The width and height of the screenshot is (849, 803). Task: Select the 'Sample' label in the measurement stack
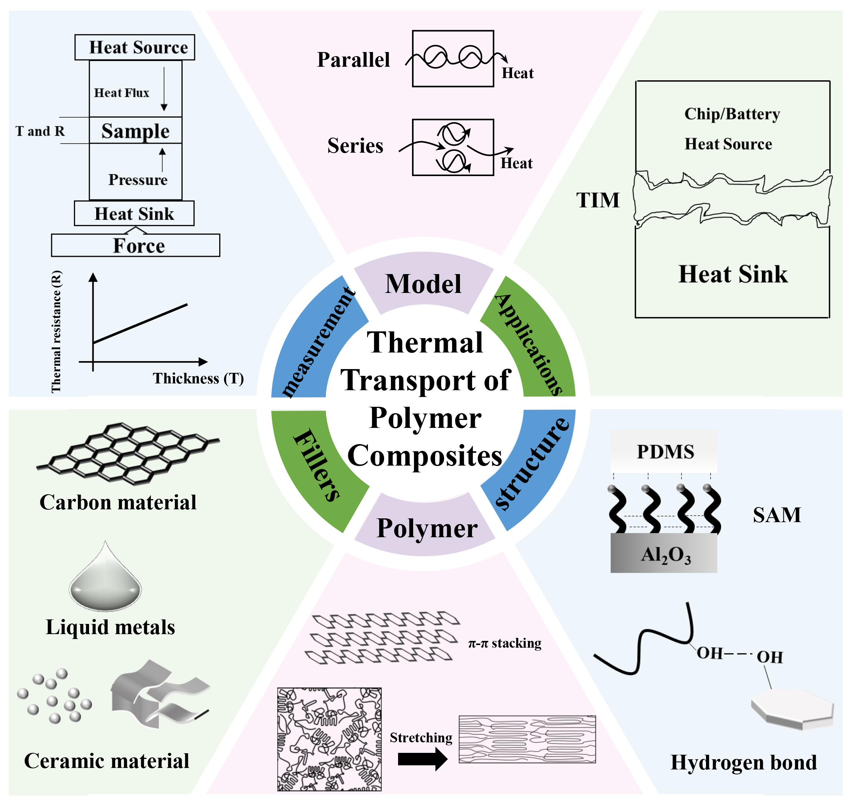coord(135,130)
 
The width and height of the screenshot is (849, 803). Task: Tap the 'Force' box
coord(135,245)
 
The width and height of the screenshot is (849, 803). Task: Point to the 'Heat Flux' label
coord(122,93)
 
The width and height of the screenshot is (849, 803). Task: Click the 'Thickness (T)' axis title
coord(198,379)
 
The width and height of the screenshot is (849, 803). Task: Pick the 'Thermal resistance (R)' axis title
coord(56,332)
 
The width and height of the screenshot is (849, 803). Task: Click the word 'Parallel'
coord(354,60)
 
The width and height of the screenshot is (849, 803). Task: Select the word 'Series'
coord(355,146)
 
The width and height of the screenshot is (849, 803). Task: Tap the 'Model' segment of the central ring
coord(423,284)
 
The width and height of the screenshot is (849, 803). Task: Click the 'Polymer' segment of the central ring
coord(427,528)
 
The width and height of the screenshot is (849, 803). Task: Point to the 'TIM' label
coord(598,200)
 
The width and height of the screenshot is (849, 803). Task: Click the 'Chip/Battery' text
coord(732,114)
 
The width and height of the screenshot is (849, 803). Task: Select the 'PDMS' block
coord(665,452)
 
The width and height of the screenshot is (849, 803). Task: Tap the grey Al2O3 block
coord(664,554)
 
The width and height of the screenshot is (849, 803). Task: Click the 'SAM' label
coord(777,515)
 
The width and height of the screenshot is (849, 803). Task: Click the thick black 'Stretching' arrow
coord(422,759)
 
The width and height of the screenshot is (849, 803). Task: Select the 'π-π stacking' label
coord(504,643)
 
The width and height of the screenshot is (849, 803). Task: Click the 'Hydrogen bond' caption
coord(744,762)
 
